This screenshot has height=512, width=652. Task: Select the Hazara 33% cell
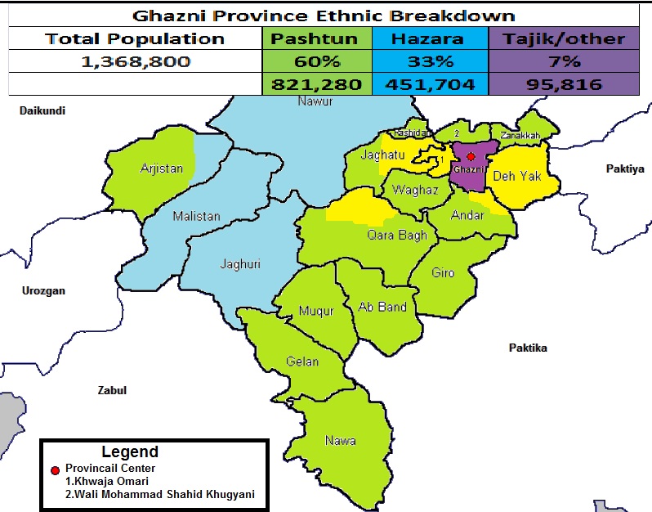tap(429, 61)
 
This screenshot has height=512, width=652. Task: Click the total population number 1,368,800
tap(136, 61)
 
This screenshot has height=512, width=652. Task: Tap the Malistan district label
tap(196, 217)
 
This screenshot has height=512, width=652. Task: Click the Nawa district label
tap(340, 440)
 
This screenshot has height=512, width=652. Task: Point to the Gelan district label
tap(302, 362)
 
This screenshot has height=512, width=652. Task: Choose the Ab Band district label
tap(382, 308)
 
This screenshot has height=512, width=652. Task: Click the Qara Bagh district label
tap(396, 236)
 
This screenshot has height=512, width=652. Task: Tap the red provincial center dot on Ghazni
tap(470, 156)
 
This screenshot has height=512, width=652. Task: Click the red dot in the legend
tap(55, 470)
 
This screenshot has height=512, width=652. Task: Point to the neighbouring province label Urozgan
tap(43, 290)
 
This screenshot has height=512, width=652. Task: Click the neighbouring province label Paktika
tap(528, 348)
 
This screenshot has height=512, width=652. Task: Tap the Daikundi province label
tap(42, 110)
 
